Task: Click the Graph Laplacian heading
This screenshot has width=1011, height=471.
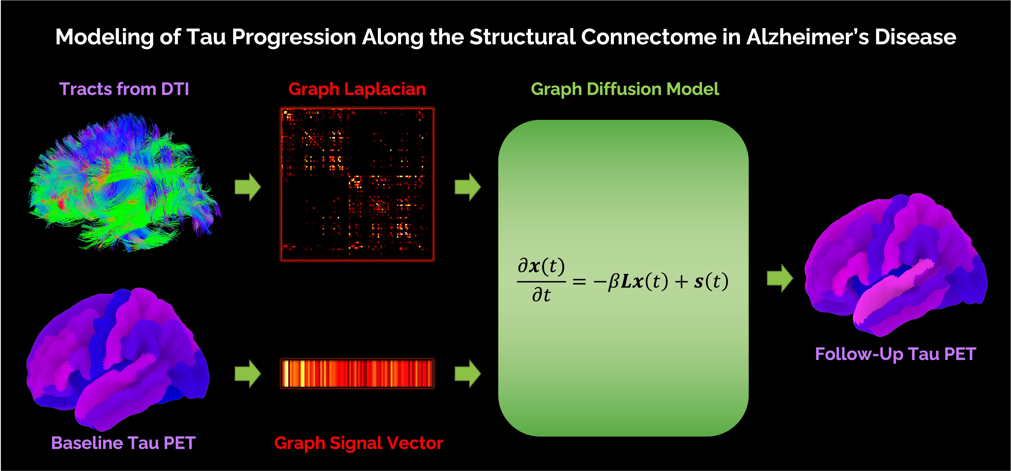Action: point(357,89)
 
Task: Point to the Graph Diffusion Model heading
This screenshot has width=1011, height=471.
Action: point(625,89)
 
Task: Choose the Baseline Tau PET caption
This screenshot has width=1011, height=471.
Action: point(123,443)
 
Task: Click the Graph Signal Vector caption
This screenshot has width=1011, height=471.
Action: point(359,443)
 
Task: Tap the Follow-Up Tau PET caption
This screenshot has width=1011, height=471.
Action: point(895,354)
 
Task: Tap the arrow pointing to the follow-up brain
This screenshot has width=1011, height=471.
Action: point(780,278)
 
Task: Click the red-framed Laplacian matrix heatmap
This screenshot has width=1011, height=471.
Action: point(357,184)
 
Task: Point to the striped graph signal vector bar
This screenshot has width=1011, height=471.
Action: point(357,373)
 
